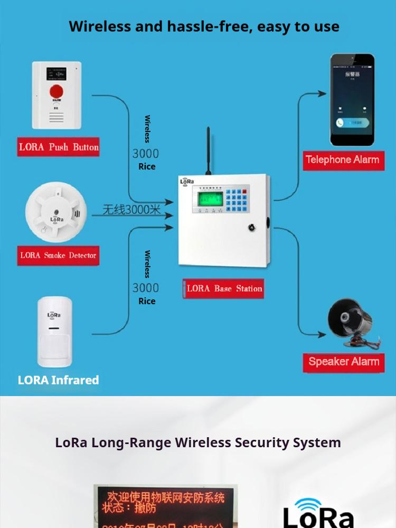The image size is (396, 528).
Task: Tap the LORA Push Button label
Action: point(59,147)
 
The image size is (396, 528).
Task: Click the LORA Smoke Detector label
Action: point(58,256)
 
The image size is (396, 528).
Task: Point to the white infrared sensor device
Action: point(55,332)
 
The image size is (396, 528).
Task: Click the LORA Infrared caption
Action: point(58,380)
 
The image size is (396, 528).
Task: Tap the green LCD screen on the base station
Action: point(210,199)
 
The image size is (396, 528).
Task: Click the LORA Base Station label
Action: point(224,289)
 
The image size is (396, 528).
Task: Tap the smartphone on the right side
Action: point(352,100)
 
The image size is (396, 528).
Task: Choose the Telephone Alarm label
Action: point(342,159)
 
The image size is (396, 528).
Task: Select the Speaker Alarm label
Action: point(344,362)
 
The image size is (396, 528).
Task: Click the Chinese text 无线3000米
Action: point(131,210)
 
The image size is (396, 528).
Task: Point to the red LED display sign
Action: point(166,507)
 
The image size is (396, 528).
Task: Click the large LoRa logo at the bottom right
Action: point(318,515)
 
